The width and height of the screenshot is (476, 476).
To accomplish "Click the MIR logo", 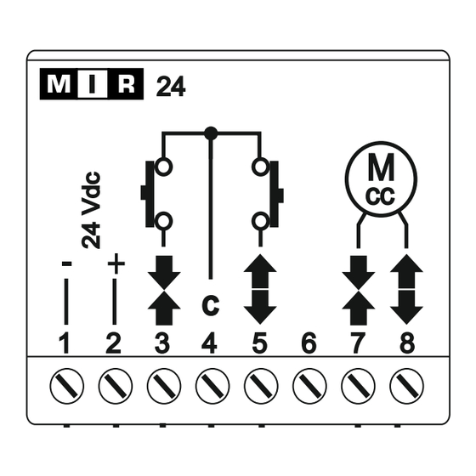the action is click(x=92, y=84).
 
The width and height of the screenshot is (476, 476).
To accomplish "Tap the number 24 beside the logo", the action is click(x=171, y=87).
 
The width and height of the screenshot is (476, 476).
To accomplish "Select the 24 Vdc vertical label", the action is click(x=91, y=211).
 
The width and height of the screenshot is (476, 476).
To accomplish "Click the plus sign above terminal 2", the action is click(x=116, y=263).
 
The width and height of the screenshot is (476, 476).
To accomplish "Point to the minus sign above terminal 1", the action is click(x=67, y=263).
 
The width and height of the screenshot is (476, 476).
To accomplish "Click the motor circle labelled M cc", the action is click(x=382, y=179).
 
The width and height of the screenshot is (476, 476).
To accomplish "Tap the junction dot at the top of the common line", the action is click(x=211, y=133).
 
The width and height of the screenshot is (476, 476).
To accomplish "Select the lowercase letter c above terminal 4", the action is click(x=211, y=305).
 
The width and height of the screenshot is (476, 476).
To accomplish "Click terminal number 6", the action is click(x=309, y=343).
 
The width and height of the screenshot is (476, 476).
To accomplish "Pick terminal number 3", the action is click(x=162, y=343).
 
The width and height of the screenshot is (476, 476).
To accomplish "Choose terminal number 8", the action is click(x=407, y=343).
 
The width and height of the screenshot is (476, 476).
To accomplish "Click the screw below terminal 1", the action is click(x=67, y=386).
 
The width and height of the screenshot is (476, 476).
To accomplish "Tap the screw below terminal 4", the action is click(x=212, y=386).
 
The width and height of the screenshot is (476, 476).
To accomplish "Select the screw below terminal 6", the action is click(x=309, y=386).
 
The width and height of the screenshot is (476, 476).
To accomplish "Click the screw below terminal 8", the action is click(x=407, y=386).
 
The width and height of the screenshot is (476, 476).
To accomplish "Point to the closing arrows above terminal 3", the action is click(x=164, y=291).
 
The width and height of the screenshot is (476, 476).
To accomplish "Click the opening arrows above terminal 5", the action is click(x=260, y=289).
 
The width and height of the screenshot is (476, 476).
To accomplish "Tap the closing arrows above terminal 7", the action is click(x=358, y=291).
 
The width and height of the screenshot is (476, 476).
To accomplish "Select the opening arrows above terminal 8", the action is click(x=406, y=289).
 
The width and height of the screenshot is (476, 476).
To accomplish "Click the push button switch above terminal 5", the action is click(x=267, y=195).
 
